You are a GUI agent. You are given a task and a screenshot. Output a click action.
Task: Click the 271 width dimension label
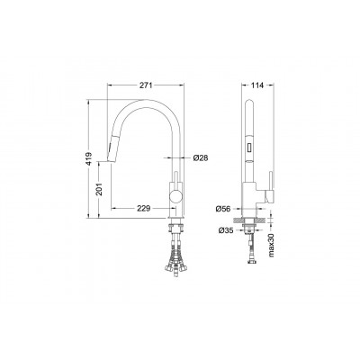(146, 85)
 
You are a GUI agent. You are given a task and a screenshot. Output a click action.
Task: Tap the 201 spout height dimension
(99, 189)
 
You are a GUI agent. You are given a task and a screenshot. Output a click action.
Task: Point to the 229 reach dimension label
(143, 208)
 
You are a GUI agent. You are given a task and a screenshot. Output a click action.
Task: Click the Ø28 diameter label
(201, 157)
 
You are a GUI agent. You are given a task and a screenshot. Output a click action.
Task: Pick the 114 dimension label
(257, 85)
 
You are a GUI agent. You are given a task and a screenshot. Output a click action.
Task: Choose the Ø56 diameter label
(223, 209)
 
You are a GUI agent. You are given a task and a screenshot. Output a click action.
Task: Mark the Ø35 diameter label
(226, 230)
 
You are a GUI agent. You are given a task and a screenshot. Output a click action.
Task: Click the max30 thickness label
(272, 246)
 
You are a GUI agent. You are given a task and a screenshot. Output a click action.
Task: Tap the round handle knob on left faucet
(176, 197)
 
